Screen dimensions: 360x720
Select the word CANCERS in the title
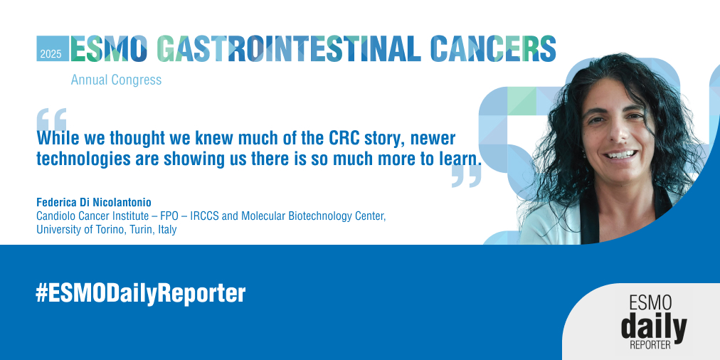click(x=494, y=48)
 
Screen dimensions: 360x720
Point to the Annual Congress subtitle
click(x=116, y=80)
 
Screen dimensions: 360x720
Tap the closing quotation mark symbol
click(x=466, y=176)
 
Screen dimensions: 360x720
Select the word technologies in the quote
click(x=80, y=159)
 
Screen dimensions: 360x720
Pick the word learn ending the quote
click(x=462, y=159)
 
